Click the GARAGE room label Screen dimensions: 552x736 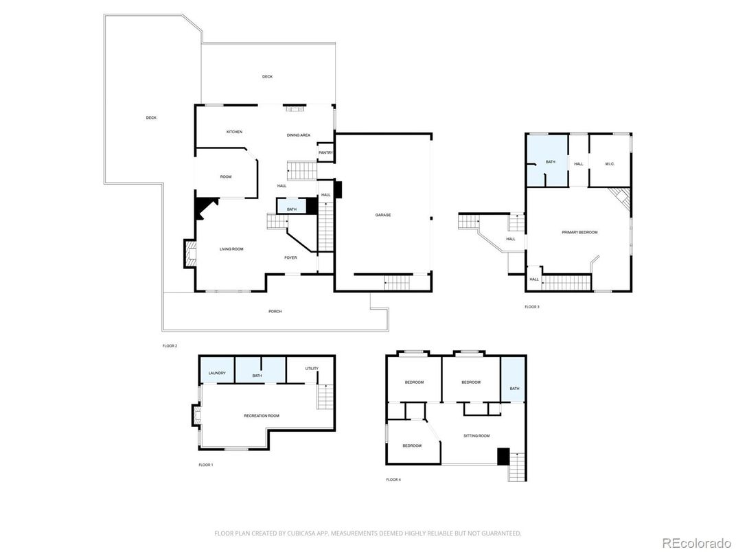(x=382, y=215)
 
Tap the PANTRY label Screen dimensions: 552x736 (x=325, y=152)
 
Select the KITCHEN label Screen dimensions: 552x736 (x=234, y=132)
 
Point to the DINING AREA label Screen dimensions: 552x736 (x=299, y=135)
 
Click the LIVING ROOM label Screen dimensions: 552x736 (x=231, y=249)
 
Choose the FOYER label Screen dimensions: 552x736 (x=291, y=258)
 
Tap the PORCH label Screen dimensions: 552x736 (x=275, y=311)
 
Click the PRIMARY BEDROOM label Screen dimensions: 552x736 (x=579, y=232)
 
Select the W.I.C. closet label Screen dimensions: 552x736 (x=609, y=163)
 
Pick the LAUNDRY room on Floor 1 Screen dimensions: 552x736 (x=217, y=373)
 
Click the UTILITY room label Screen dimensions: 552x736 (x=312, y=369)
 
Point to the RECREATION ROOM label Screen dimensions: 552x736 (x=261, y=415)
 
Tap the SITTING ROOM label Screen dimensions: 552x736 (x=476, y=436)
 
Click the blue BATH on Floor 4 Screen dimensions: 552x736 (x=514, y=389)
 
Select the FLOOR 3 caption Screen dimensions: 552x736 (x=531, y=307)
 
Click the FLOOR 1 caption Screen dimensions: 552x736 (x=205, y=465)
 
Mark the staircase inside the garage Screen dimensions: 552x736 (x=397, y=281)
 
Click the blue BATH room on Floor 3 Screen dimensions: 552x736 (x=550, y=162)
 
